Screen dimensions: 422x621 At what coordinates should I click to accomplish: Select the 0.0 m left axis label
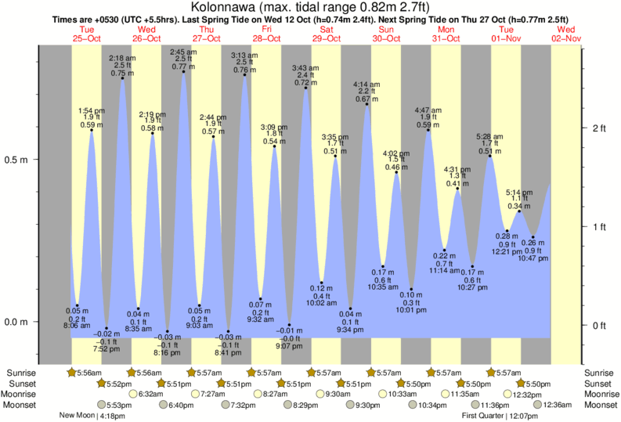click(18, 322)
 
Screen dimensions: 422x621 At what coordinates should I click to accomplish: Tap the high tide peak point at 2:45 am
click(184, 72)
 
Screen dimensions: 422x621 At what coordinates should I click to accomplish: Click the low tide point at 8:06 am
click(77, 305)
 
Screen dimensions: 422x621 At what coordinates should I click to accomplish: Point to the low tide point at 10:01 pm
click(411, 289)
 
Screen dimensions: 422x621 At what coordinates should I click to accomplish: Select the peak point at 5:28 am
click(489, 157)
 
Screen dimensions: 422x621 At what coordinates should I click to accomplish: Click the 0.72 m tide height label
click(305, 82)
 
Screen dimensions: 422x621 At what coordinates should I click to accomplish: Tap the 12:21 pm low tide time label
click(507, 251)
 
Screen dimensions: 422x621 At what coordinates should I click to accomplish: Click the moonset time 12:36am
click(552, 405)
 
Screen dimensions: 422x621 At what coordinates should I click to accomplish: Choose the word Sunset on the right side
click(599, 384)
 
